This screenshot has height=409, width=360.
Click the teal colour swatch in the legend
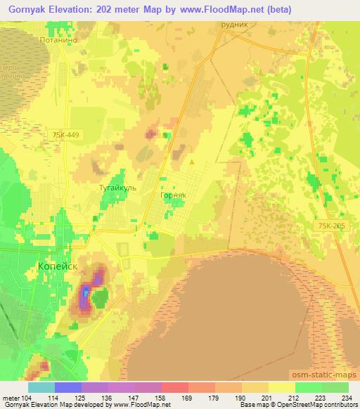[41, 387]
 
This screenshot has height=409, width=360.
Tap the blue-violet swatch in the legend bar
[68, 387]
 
